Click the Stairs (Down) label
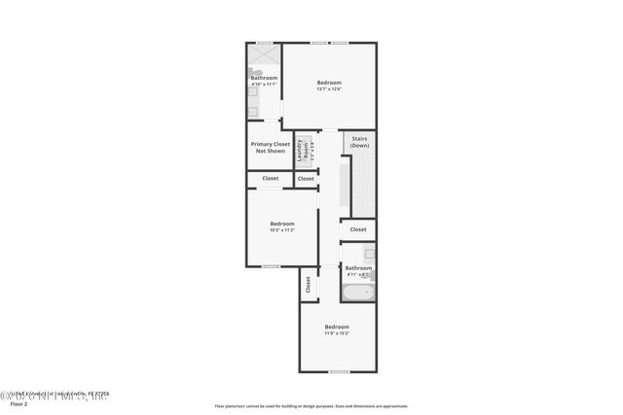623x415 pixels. tap(359, 142)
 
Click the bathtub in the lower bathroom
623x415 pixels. tap(357, 292)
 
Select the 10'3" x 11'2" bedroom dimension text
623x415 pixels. tap(281, 230)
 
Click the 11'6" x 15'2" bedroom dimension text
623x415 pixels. tap(337, 333)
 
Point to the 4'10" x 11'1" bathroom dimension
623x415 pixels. tap(264, 85)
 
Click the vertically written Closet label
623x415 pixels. tap(309, 285)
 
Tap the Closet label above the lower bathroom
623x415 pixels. tap(358, 229)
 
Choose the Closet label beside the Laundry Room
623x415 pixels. tap(306, 179)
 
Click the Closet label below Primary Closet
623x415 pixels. tap(270, 179)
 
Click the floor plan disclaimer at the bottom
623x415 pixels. tap(311, 406)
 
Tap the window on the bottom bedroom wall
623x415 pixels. tap(338, 371)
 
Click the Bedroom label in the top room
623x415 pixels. tap(329, 84)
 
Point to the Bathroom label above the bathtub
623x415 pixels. tap(358, 267)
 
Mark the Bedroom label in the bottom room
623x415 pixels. tap(337, 327)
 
